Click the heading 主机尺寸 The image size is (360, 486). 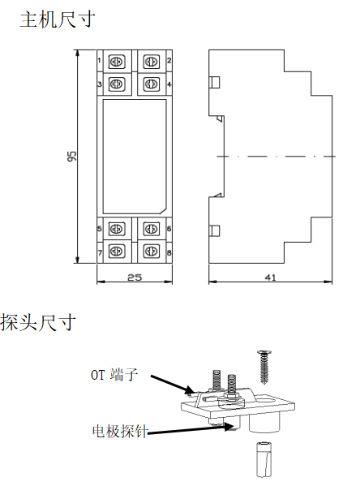point(58,19)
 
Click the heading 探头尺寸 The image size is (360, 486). point(38,322)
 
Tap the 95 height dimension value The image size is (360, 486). point(71,156)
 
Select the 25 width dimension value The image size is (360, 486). point(135,277)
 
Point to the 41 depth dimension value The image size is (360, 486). point(270,277)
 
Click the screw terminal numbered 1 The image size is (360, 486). point(117,62)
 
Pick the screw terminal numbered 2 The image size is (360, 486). point(152,62)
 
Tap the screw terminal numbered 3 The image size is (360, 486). point(117,84)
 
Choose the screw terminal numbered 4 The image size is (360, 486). point(152,84)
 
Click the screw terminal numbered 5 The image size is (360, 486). point(117,229)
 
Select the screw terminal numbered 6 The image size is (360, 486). point(152,229)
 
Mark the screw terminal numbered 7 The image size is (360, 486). point(117,251)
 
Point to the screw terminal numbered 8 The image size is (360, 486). point(152,251)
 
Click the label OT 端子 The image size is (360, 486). point(114,375)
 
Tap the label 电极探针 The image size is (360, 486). point(120,431)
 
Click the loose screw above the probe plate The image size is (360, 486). point(264,367)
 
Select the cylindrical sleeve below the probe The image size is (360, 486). point(264,459)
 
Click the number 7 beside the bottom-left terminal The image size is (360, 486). point(100,253)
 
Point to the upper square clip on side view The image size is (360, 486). point(215,82)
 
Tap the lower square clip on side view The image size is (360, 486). point(215,231)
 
